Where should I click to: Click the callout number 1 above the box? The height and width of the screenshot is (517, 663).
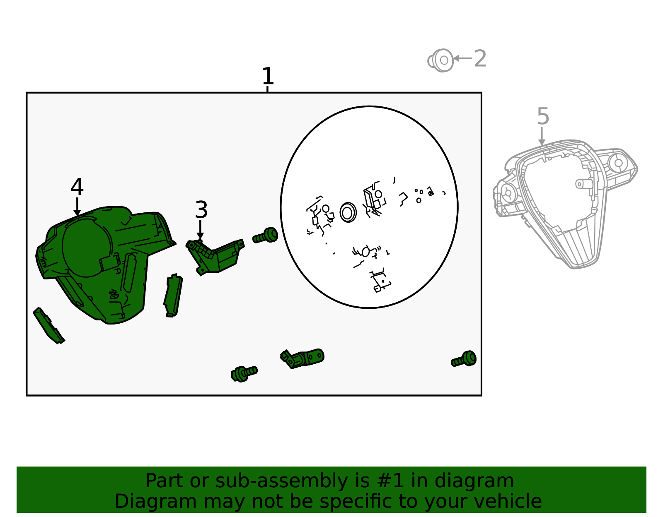click(268, 76)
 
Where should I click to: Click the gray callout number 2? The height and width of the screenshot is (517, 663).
click(480, 58)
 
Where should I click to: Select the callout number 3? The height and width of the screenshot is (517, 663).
click(201, 209)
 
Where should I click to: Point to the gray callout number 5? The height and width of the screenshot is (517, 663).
click(543, 116)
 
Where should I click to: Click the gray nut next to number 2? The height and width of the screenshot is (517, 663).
click(440, 60)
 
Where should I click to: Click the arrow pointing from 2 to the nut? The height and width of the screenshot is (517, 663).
click(462, 58)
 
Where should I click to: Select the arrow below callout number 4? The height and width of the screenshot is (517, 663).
click(77, 207)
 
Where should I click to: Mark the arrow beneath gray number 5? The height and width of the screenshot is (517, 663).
click(542, 136)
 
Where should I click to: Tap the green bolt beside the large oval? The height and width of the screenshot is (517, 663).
click(265, 236)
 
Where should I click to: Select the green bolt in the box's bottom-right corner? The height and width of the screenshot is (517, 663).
click(463, 359)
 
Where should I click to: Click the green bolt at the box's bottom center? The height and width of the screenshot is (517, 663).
click(244, 374)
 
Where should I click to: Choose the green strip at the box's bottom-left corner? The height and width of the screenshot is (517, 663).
click(49, 326)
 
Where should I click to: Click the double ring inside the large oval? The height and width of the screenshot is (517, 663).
click(348, 212)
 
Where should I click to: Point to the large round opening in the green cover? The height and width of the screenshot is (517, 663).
click(86, 247)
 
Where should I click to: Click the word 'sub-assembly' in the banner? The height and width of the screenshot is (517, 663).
click(281, 481)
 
